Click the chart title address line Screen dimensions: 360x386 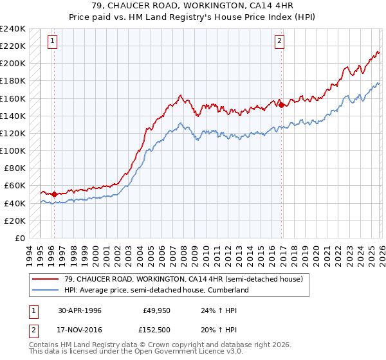click(x=193, y=6)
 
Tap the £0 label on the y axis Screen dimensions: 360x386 click(x=21, y=238)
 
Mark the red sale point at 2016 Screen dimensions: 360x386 click(x=280, y=105)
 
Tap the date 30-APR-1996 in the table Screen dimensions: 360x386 click(x=80, y=310)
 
